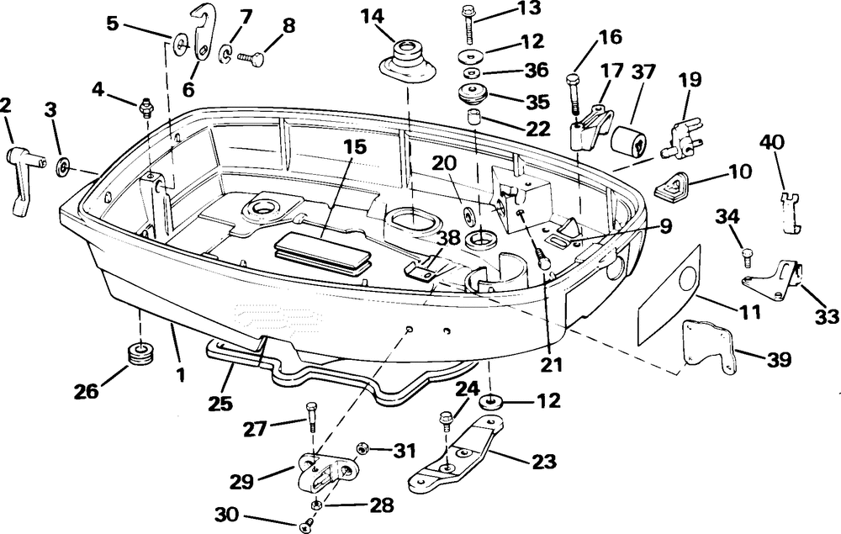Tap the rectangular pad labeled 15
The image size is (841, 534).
pyautogui.click(x=323, y=251)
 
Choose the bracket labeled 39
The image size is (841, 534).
pyautogui.click(x=709, y=346)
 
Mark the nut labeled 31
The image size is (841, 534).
pyautogui.click(x=364, y=449)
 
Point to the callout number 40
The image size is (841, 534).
pyautogui.click(x=774, y=140)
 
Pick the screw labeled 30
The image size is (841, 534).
pyautogui.click(x=305, y=526)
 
